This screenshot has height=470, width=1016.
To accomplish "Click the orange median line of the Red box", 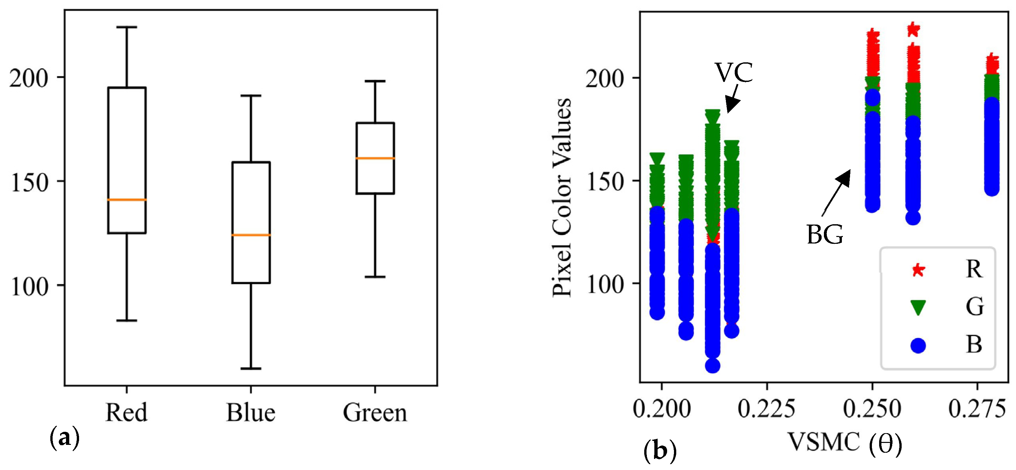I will tap(127, 200).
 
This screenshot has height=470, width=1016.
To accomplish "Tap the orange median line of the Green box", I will tap(375, 158).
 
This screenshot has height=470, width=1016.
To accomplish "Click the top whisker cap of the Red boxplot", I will tap(127, 27).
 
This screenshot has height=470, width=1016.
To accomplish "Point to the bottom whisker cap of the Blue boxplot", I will tap(251, 368).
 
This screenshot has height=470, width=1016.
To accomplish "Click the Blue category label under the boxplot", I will tap(251, 413).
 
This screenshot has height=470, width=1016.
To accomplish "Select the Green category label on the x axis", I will tap(375, 413).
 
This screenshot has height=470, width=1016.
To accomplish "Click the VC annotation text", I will tap(734, 72).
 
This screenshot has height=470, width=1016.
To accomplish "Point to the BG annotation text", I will tap(824, 235).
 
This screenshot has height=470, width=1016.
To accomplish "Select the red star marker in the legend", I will tap(918, 270).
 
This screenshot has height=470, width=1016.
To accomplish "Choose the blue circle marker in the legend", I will tap(918, 346).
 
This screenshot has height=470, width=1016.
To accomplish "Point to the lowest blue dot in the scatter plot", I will tap(712, 366).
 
